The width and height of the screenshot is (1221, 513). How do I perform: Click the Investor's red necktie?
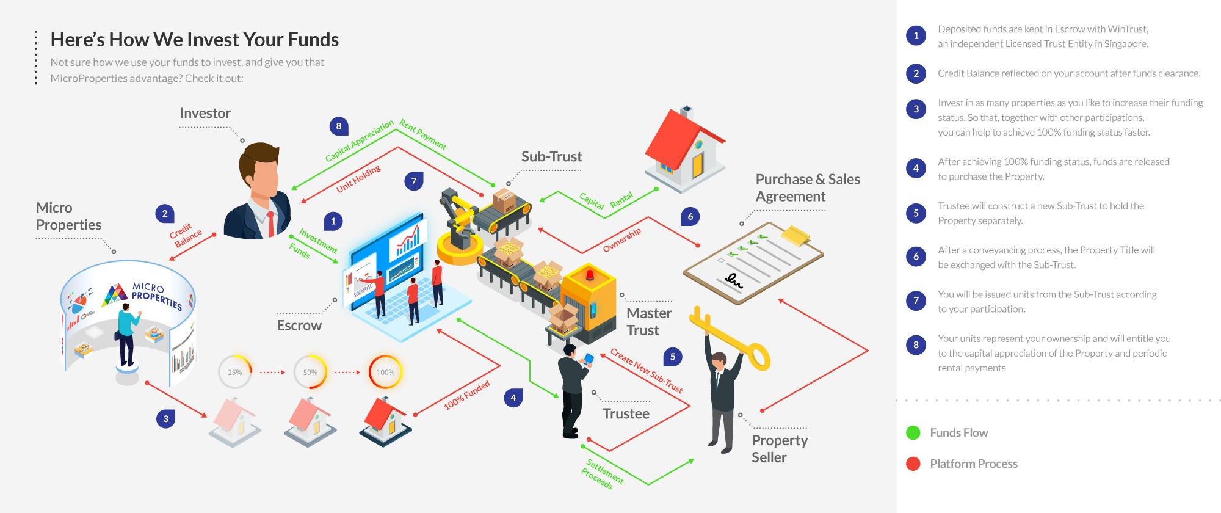pos(270,224)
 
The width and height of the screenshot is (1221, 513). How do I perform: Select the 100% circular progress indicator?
pos(385,372)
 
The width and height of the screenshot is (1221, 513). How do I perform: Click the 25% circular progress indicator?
pos(235,372)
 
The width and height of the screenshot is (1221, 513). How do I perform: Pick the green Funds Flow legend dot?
pos(913,433)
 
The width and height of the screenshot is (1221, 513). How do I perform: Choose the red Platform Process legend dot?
pos(913,464)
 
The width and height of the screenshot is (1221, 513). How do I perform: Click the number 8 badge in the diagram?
pos(339,126)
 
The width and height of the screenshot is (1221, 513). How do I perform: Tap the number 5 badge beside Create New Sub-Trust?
pos(673,357)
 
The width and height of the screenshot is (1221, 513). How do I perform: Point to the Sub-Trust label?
pos(552,157)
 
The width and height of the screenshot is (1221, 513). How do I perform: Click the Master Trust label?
pos(649,322)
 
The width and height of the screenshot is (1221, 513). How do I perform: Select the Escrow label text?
pos(299,326)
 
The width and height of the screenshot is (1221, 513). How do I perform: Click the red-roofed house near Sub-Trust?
pos(685,150)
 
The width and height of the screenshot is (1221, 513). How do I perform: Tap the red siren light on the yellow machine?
pos(589,274)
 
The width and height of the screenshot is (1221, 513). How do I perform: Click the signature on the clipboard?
pos(733,281)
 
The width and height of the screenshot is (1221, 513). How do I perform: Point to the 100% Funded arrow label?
pos(467,395)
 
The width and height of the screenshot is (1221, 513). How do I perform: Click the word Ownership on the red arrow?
pos(622,240)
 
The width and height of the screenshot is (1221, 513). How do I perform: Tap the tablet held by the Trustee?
pos(589,359)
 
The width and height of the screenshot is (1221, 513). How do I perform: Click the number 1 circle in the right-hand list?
pos(916,35)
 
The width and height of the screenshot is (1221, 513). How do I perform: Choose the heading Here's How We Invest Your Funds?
pos(195,40)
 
